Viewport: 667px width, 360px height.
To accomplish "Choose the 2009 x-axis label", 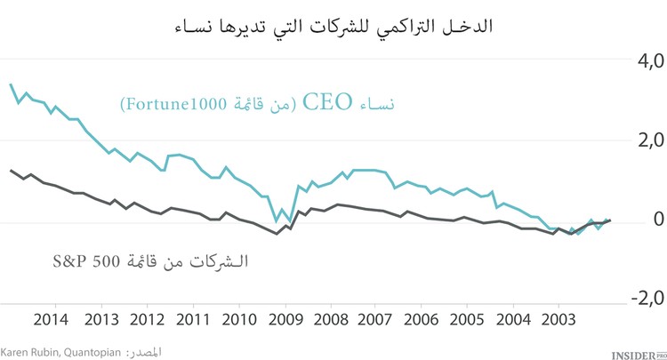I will [x=285, y=320].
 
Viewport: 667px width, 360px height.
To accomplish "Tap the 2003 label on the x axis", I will [x=557, y=320].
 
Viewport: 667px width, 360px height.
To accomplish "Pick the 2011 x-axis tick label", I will [x=192, y=320].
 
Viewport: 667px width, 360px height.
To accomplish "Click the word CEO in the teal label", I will [x=329, y=102].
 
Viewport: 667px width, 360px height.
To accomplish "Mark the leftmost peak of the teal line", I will [x=11, y=84].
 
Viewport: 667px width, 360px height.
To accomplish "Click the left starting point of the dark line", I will [x=11, y=170].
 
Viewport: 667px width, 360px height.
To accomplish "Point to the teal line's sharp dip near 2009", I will [x=276, y=220].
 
